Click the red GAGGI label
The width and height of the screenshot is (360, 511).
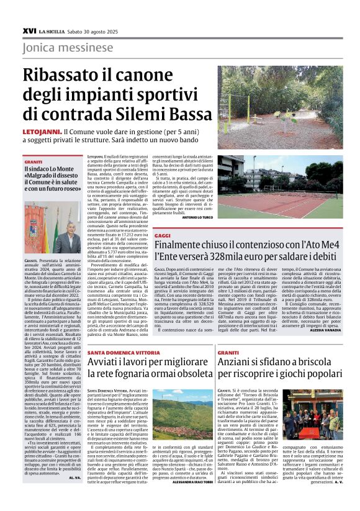[x=163, y=237]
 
